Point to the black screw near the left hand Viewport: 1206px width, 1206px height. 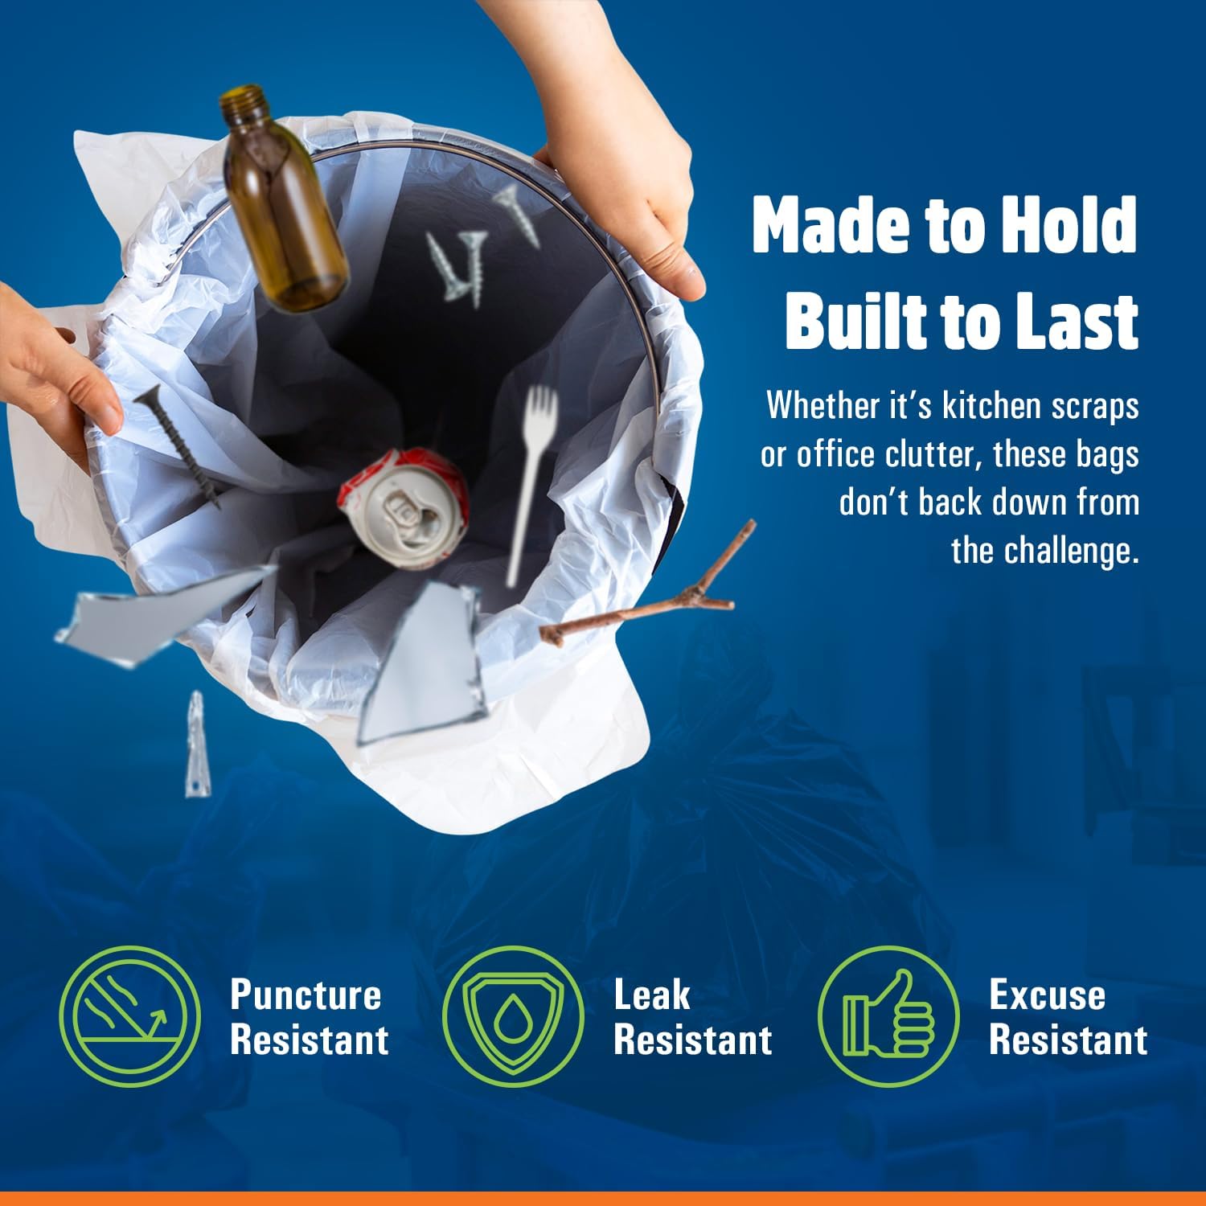[178, 446]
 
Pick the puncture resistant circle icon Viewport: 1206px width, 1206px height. [129, 1017]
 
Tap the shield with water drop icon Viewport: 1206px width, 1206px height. [513, 1017]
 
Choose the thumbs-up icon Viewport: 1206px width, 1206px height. [888, 1017]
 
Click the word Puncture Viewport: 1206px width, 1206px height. [306, 995]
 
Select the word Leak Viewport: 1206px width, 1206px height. [651, 995]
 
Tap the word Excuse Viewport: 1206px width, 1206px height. [1047, 995]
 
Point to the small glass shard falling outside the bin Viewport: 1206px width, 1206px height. [194, 744]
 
